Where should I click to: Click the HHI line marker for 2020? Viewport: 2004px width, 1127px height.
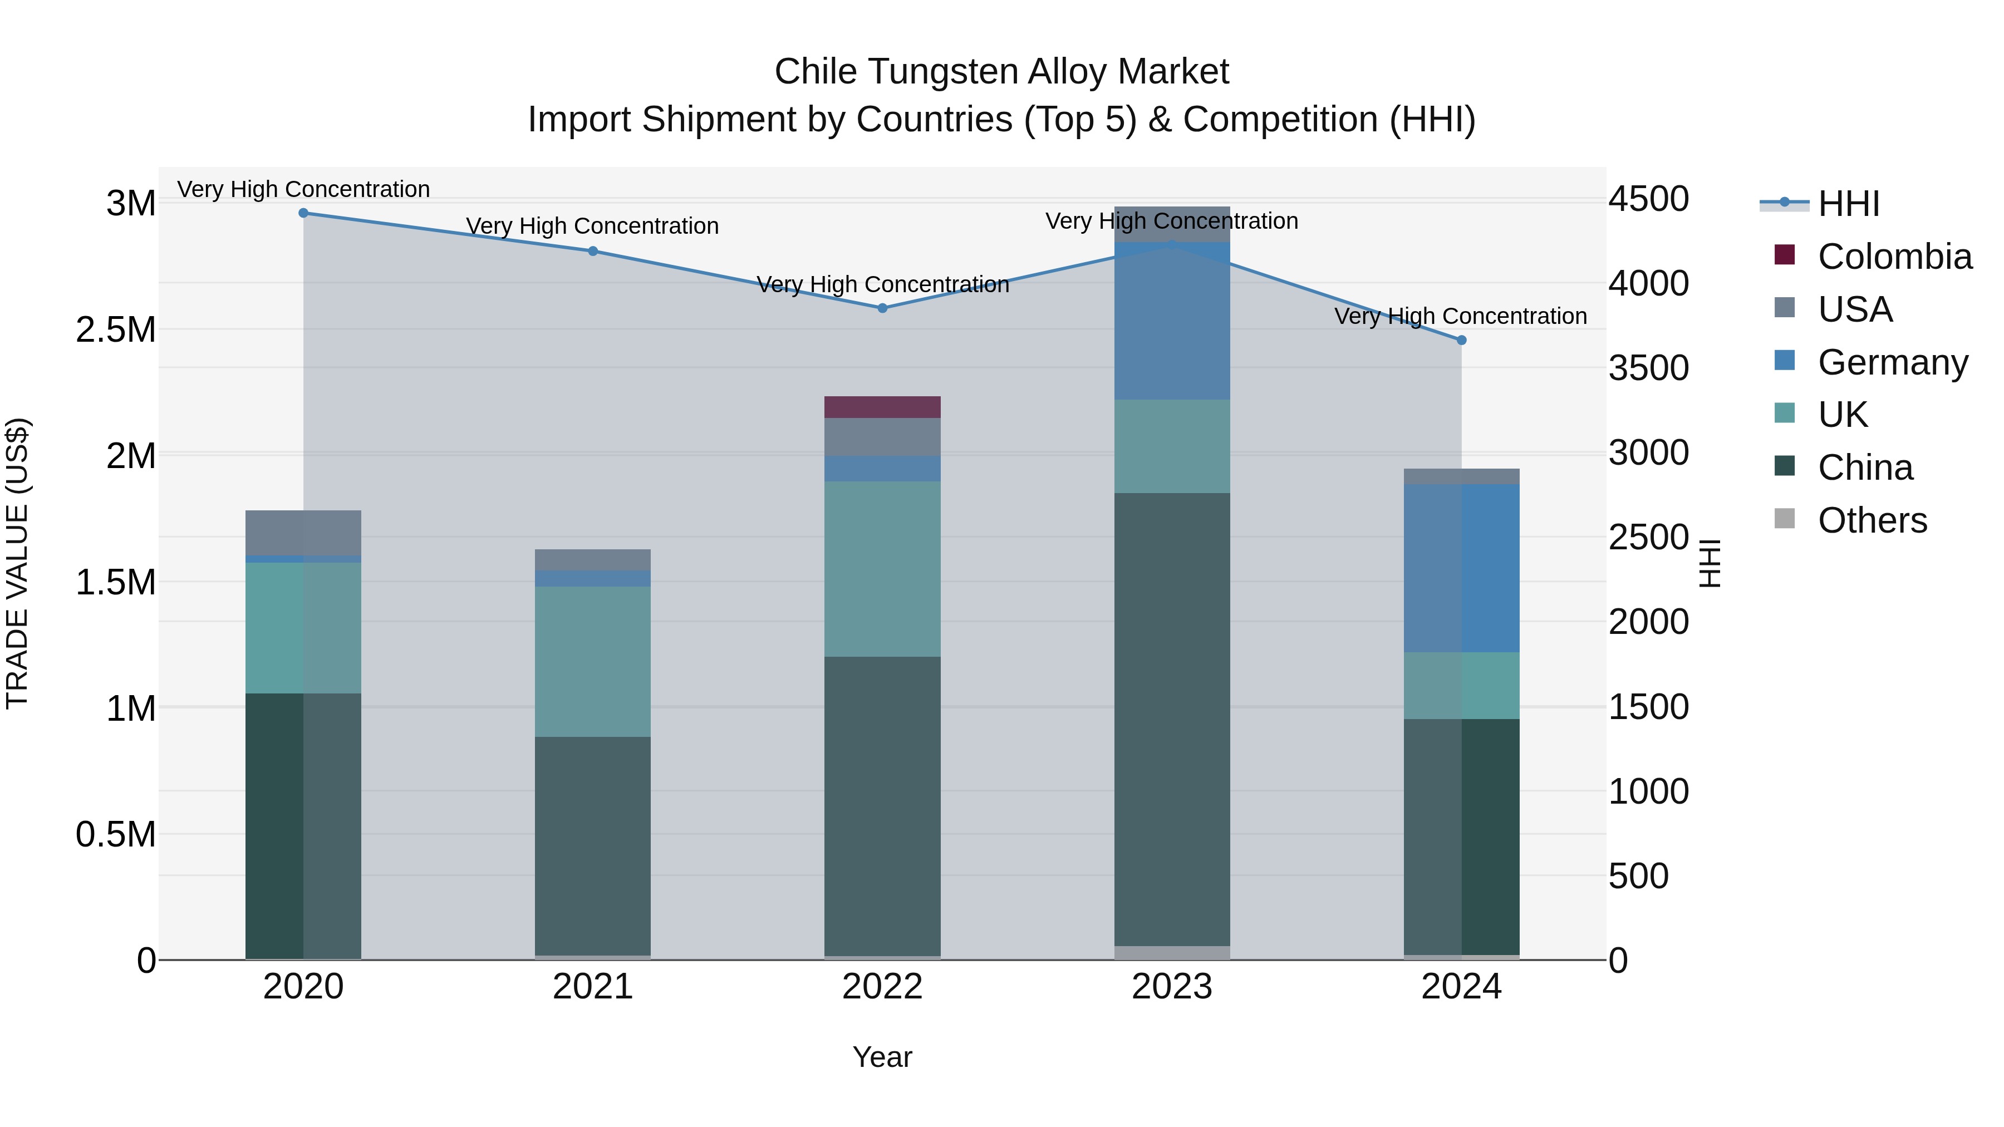point(303,213)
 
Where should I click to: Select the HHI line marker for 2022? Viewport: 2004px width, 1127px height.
point(882,308)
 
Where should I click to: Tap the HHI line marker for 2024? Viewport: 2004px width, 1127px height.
point(1461,340)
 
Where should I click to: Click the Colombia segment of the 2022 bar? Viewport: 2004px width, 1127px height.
point(882,407)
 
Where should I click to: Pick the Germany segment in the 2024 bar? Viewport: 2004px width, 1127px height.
point(1461,568)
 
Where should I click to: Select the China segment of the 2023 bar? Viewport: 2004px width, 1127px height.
point(1172,720)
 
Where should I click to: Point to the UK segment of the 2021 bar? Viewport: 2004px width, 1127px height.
point(593,661)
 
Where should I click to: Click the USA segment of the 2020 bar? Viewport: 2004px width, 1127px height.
point(303,533)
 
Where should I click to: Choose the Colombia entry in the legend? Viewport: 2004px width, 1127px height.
point(1894,257)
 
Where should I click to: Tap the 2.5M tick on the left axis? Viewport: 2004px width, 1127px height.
point(116,330)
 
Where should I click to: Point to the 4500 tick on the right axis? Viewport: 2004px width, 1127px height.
point(1648,199)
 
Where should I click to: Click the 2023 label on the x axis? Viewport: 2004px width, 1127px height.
point(1172,987)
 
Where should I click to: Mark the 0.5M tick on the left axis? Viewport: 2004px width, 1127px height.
point(116,835)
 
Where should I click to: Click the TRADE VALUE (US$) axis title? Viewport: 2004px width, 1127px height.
point(17,563)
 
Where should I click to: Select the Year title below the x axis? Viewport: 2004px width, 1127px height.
point(882,1057)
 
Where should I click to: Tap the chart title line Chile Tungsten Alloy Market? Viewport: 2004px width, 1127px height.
point(1001,72)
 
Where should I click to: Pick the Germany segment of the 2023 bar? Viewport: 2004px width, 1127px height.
point(1172,321)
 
